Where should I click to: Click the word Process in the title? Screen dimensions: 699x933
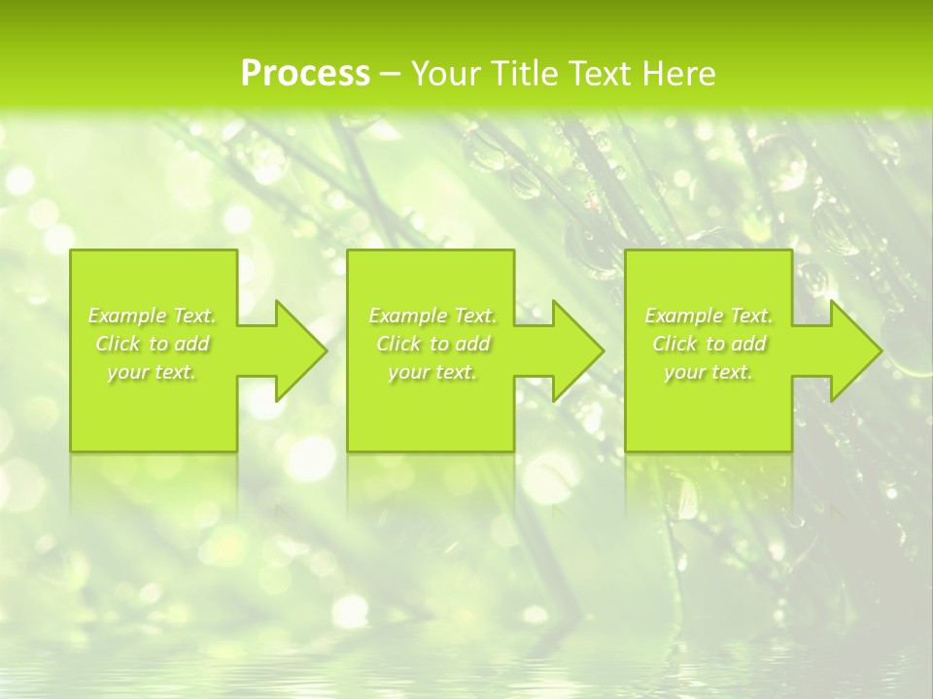coord(305,74)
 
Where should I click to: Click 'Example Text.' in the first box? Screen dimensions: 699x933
coord(152,316)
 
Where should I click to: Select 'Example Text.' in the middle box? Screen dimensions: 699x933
coord(432,316)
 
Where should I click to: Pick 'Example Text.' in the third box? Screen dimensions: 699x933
coord(708,316)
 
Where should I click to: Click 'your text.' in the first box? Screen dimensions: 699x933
coord(152,372)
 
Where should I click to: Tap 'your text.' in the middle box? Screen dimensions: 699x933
coord(432,372)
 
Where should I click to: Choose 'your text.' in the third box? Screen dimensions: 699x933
coord(708,372)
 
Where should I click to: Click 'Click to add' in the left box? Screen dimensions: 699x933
coord(152,344)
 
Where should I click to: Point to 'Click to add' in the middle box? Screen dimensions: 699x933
coord(432,344)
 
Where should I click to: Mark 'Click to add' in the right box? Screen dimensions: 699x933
coord(708,344)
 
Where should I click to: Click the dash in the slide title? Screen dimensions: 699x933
coord(390,75)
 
